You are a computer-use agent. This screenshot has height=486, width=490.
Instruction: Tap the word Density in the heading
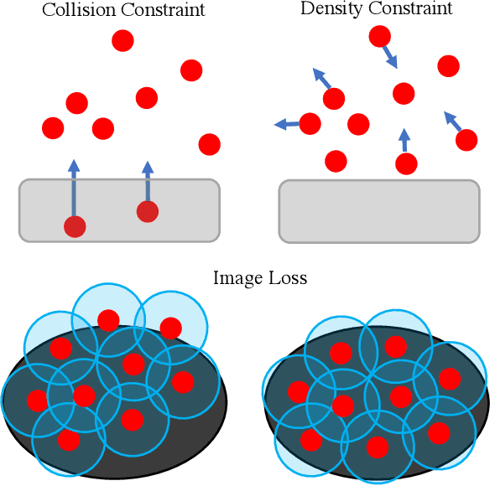pyautogui.click(x=327, y=9)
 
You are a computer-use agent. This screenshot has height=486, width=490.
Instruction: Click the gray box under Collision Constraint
pyautogui.click(x=119, y=209)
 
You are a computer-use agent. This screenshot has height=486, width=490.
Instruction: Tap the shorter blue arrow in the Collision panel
pyautogui.click(x=148, y=181)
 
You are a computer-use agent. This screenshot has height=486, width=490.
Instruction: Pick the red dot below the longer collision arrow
pyautogui.click(x=75, y=226)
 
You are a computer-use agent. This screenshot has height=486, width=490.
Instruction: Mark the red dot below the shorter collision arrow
pyautogui.click(x=148, y=212)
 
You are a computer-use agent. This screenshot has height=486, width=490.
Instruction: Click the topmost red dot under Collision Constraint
pyautogui.click(x=122, y=40)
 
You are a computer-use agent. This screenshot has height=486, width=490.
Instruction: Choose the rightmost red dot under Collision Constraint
pyautogui.click(x=209, y=144)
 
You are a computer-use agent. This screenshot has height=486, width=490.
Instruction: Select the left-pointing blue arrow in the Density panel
pyautogui.click(x=288, y=125)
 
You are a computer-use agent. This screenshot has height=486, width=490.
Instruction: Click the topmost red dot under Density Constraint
pyautogui.click(x=379, y=36)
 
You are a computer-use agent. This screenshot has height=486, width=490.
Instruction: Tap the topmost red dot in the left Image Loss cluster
pyautogui.click(x=107, y=319)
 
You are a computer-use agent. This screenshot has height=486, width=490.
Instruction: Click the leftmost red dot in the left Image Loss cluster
pyautogui.click(x=37, y=400)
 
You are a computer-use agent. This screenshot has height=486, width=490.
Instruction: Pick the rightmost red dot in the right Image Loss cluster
pyautogui.click(x=450, y=379)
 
